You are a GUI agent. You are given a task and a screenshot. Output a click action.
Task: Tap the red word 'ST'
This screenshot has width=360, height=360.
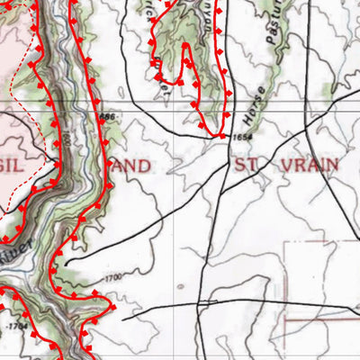click(246, 165)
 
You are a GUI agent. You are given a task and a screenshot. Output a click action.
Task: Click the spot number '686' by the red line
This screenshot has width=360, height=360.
click(108, 117)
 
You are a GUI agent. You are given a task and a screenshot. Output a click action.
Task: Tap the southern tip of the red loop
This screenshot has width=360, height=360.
click(220, 135)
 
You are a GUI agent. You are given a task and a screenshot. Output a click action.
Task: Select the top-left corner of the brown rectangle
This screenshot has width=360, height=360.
click(285, 241)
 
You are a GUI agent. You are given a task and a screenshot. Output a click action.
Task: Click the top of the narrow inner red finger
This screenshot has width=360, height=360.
click(186, 47)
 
